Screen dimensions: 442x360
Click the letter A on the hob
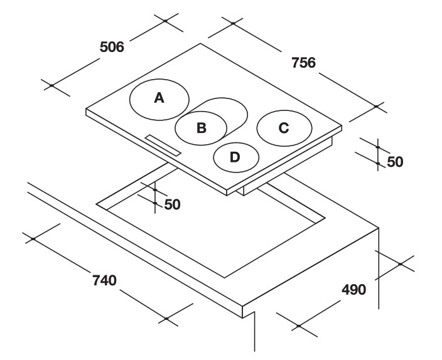point(159,98)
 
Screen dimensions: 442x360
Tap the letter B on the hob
point(202,127)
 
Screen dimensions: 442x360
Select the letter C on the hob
point(284,128)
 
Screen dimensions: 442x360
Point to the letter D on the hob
point(235,157)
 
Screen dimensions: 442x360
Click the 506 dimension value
point(112,47)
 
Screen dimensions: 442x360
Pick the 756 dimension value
point(303,63)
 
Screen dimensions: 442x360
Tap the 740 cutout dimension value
point(104,280)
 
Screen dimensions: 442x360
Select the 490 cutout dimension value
point(353,290)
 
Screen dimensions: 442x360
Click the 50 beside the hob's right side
point(395,162)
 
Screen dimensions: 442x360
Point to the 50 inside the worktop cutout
point(172,204)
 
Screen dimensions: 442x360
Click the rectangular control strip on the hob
point(163,146)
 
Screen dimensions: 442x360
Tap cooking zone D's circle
point(214,157)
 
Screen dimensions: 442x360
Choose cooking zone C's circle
point(257,128)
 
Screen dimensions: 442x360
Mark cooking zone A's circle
point(130,100)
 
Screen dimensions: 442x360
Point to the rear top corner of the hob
point(201,43)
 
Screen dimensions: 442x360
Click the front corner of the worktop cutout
point(225,278)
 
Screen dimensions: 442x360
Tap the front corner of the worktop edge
point(243,306)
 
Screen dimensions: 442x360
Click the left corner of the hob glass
point(86,109)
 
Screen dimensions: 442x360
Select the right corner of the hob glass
point(342,125)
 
